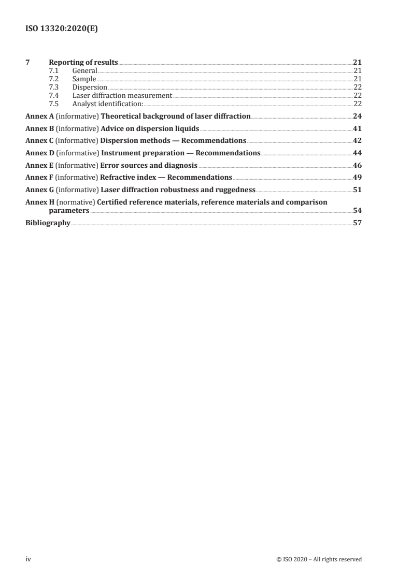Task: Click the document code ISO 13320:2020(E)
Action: pyautogui.click(x=62, y=30)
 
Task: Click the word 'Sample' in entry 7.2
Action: pyautogui.click(x=84, y=79)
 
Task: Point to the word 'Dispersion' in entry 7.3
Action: pyautogui.click(x=90, y=87)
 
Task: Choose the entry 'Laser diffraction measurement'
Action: pyautogui.click(x=122, y=95)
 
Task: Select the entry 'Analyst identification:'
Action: pyautogui.click(x=107, y=103)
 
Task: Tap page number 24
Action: pyautogui.click(x=357, y=116)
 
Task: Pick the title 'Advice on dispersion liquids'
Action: pyautogui.click(x=150, y=128)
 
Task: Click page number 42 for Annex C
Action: pyautogui.click(x=357, y=141)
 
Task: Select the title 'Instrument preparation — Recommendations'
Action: pyautogui.click(x=181, y=153)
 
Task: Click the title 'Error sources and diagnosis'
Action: pyautogui.click(x=149, y=166)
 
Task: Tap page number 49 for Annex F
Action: pyautogui.click(x=357, y=178)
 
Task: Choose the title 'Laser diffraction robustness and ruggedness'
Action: pyautogui.click(x=178, y=190)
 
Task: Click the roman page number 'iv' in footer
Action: pyautogui.click(x=29, y=559)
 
